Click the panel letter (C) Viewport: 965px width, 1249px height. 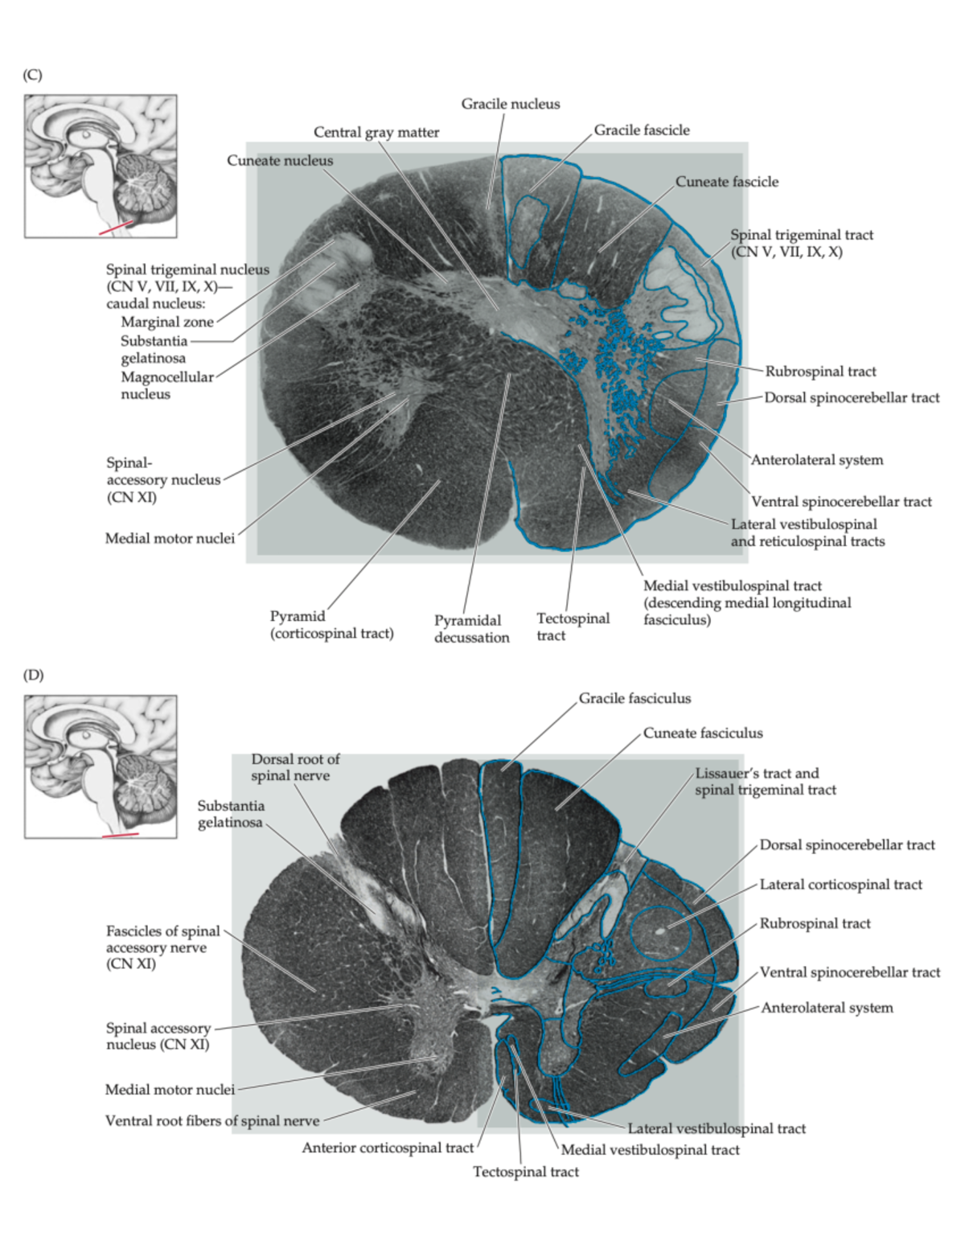click(32, 76)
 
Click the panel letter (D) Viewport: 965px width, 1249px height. click(33, 675)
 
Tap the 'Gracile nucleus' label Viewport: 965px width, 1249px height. click(511, 104)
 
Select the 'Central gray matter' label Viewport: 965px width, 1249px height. click(376, 133)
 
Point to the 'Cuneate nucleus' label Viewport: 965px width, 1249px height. click(280, 160)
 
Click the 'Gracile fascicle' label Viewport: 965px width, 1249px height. click(642, 130)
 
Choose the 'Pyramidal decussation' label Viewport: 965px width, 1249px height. click(472, 629)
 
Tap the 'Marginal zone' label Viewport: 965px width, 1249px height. click(167, 322)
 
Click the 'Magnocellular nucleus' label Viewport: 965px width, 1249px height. click(167, 386)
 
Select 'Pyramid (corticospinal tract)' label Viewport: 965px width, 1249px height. click(331, 625)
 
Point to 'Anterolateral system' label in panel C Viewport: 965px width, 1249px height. click(817, 460)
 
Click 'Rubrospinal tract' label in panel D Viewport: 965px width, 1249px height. click(815, 923)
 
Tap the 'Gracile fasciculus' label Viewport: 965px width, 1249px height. click(634, 698)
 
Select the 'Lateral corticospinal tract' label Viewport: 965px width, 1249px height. click(841, 884)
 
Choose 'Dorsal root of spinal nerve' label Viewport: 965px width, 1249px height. click(295, 767)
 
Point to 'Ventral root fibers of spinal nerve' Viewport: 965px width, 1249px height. click(212, 1121)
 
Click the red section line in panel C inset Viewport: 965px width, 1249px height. click(117, 227)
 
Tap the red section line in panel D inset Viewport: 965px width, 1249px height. click(120, 835)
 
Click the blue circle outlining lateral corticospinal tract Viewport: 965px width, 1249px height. click(631, 933)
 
